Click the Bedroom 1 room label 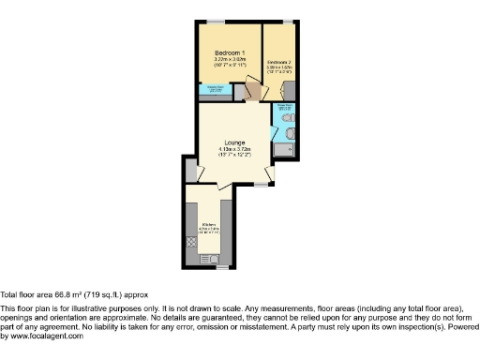[x=230, y=52]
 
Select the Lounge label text [x=234, y=142]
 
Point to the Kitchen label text [x=209, y=224]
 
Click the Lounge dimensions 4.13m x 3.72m [x=234, y=149]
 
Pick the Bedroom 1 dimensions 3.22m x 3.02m [x=230, y=59]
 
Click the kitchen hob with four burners [x=192, y=242]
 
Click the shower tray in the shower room [x=284, y=150]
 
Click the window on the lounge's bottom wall [x=259, y=185]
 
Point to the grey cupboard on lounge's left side [x=191, y=171]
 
